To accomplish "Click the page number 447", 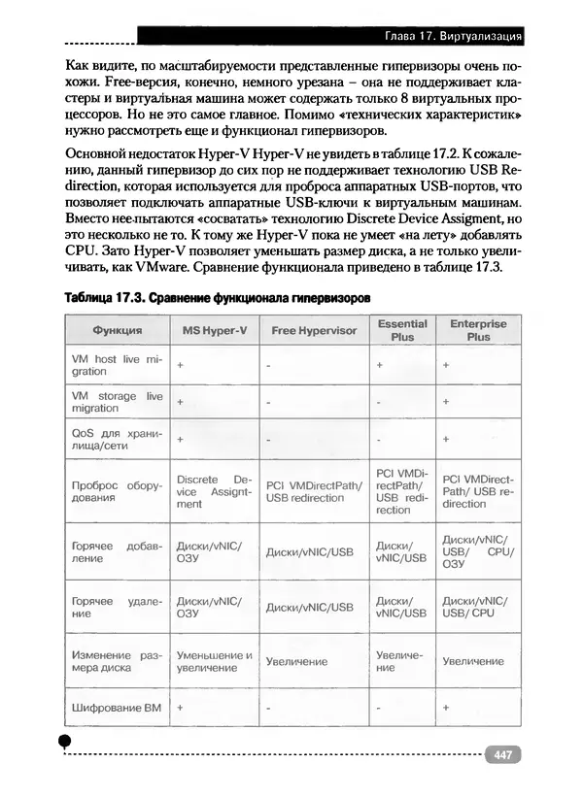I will click(503, 754).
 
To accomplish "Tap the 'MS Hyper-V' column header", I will click(214, 330).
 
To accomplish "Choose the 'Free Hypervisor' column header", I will click(314, 330).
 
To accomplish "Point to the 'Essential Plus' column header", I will click(401, 330).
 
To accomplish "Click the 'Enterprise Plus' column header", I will click(477, 330).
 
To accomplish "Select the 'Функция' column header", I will click(118, 330).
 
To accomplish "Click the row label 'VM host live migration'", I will click(118, 365).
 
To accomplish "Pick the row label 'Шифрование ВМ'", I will click(117, 708).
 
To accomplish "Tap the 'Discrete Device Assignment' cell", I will click(214, 491).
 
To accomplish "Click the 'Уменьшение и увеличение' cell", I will click(214, 661).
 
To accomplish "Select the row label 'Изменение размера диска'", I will click(118, 661).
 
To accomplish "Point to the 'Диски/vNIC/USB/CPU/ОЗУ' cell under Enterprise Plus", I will click(477, 550).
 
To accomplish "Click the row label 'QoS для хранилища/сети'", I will click(118, 439).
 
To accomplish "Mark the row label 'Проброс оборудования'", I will click(118, 491).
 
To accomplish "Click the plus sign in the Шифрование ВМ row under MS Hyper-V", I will click(181, 708).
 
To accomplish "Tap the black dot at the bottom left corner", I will click(65, 742).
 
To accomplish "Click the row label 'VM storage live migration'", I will click(118, 402).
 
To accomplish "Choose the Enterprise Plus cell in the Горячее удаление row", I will click(477, 607).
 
